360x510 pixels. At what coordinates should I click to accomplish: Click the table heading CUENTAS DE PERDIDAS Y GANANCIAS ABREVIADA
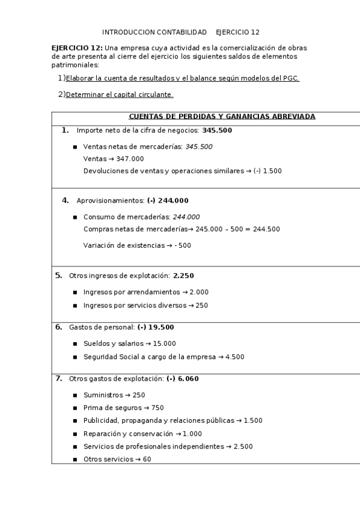point(222,117)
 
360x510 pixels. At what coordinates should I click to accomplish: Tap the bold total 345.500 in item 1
point(217,130)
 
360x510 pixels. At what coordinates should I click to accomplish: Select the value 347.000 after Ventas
point(131,159)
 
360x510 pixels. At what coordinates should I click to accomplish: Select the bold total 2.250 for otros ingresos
point(183,275)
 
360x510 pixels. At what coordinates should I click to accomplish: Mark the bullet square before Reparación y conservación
point(75,434)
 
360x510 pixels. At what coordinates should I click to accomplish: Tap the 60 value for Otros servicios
point(147,459)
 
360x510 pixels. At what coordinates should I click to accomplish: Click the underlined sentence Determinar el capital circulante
point(120,94)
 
